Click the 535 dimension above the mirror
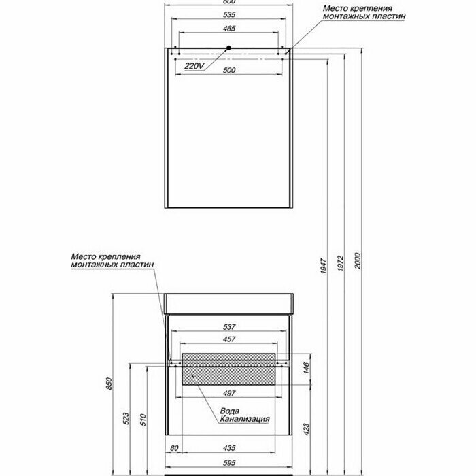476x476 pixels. coord(228,15)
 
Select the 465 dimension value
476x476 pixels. coord(228,29)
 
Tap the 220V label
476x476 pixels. coord(194,67)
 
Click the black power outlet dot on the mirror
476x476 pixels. coord(229,48)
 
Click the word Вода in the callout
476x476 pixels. coord(228,410)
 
